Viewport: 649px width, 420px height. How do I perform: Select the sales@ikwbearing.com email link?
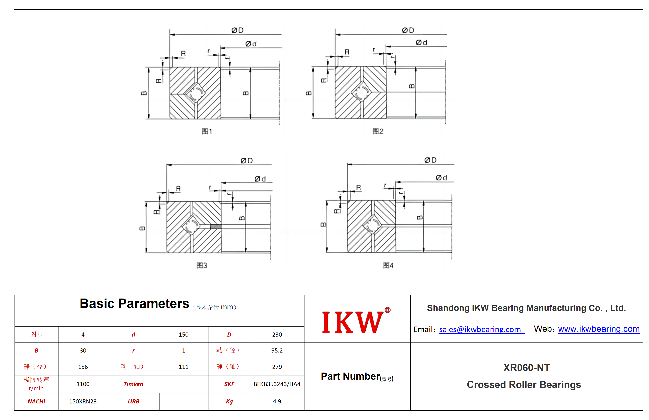tap(482, 329)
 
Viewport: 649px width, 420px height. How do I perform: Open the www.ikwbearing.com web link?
tap(598, 329)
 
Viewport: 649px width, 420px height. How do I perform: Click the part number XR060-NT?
tap(526, 368)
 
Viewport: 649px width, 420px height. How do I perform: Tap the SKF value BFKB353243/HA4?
tap(277, 384)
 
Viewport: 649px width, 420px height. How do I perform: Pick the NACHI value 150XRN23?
tap(83, 401)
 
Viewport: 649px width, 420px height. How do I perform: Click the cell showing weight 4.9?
tap(277, 401)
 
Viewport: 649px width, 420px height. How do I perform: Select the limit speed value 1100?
tap(83, 384)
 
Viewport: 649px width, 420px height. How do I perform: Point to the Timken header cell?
tap(133, 384)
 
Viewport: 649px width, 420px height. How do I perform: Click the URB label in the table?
tap(133, 401)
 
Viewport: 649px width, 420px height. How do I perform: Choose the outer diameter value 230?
tap(277, 334)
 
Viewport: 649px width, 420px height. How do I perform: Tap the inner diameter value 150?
tap(184, 334)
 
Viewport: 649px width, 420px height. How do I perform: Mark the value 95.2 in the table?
tap(277, 350)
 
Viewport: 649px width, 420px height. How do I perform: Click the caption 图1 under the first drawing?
tap(207, 131)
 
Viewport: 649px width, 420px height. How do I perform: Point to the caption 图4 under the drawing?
tap(388, 265)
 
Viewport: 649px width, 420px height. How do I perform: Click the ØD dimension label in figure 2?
tap(408, 30)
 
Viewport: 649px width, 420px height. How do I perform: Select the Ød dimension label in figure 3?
tap(260, 179)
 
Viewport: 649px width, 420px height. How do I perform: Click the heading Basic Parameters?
tap(134, 303)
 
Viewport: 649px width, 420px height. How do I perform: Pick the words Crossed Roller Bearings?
tap(524, 385)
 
